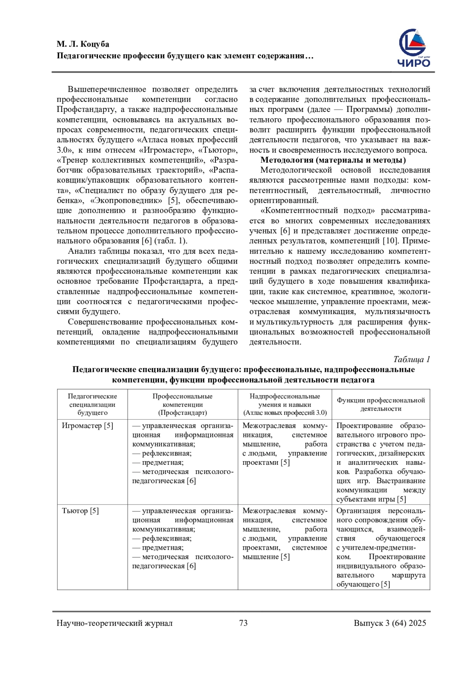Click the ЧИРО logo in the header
[414, 48]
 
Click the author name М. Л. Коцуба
[83, 44]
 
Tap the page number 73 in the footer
[244, 623]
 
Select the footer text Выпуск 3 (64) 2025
[390, 623]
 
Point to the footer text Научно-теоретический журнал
[115, 623]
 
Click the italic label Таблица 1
[411, 359]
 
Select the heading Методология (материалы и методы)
[333, 160]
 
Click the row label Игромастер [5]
[87, 426]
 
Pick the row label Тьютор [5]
[80, 511]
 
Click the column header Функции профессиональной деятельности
[381, 404]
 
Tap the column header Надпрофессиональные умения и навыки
[285, 404]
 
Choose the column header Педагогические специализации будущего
[92, 404]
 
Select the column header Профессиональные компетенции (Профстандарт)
[182, 404]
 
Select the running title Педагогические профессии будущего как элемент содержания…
[185, 56]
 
